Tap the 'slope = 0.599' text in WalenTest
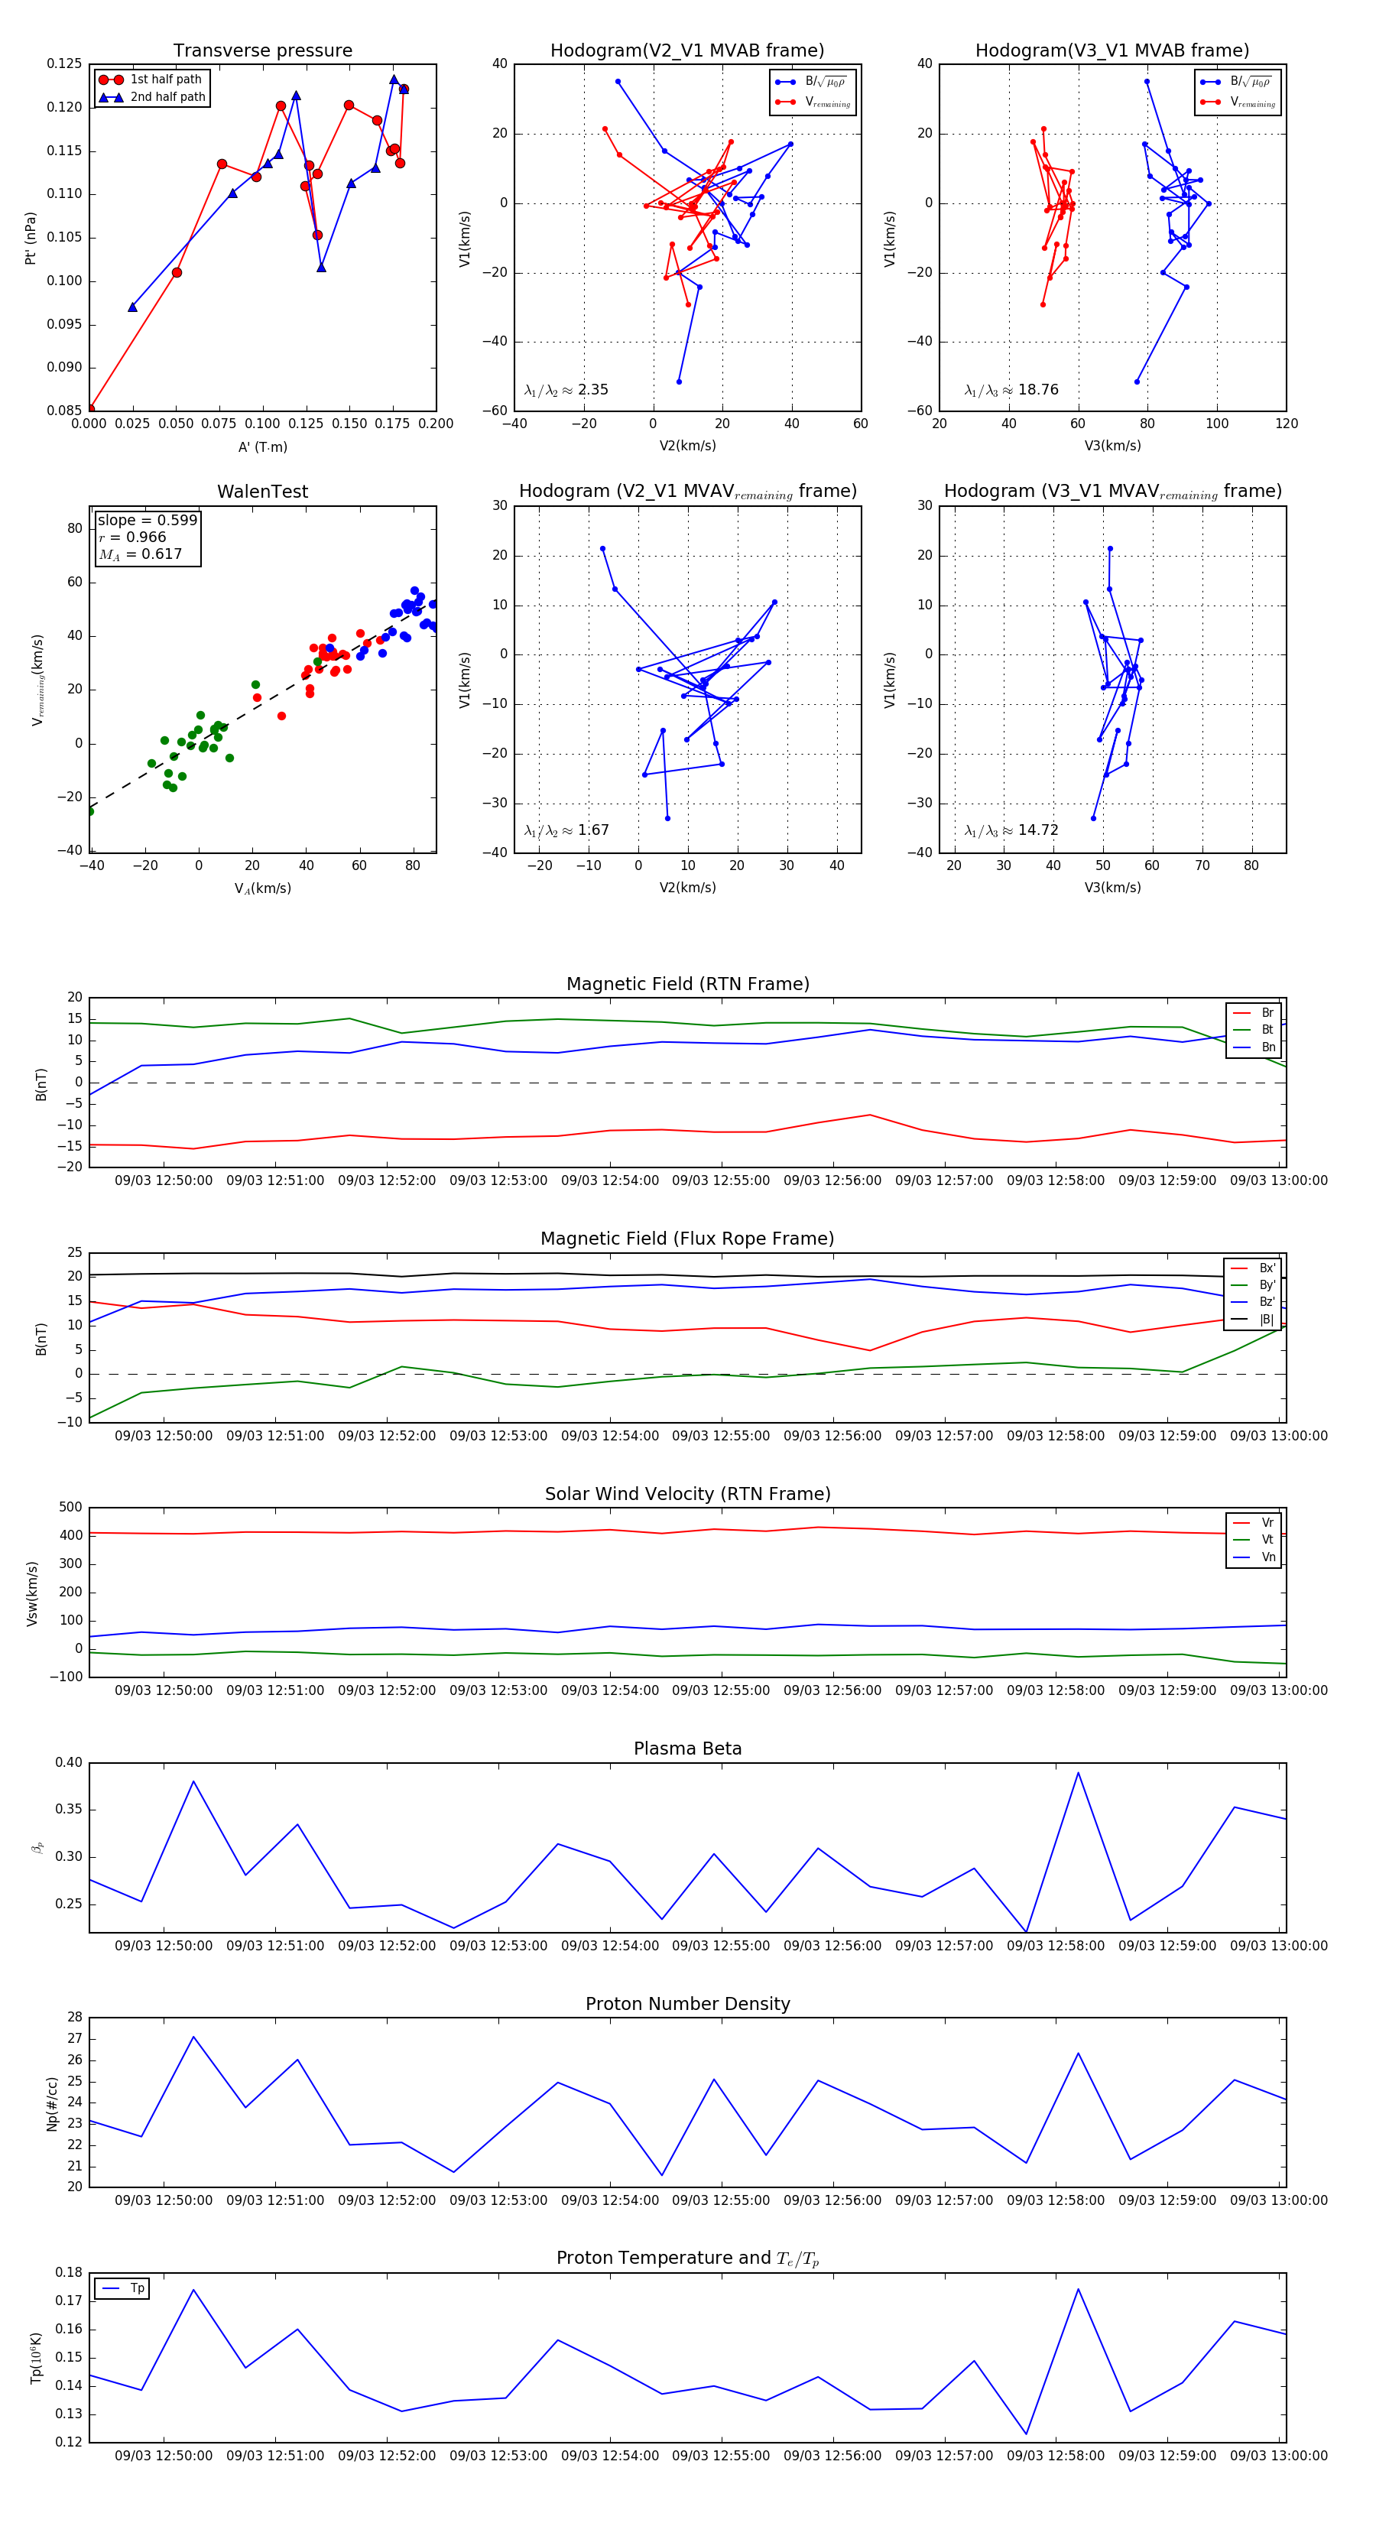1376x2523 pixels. click(147, 520)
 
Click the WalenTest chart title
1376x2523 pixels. click(262, 492)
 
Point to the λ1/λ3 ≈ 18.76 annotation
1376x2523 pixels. click(1011, 390)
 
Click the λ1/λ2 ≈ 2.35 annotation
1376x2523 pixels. click(566, 390)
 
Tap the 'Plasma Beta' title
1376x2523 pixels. click(687, 1749)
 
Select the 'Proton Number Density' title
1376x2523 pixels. click(687, 2003)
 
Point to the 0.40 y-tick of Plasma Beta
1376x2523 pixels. click(69, 1762)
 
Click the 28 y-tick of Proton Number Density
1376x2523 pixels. click(74, 2017)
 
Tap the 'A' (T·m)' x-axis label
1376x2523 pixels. click(262, 446)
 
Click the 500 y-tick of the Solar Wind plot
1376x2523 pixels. click(70, 1506)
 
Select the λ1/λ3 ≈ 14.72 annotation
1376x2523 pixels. click(1011, 830)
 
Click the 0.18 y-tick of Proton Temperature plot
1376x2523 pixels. click(69, 2272)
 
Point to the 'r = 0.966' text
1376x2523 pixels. click(132, 537)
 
